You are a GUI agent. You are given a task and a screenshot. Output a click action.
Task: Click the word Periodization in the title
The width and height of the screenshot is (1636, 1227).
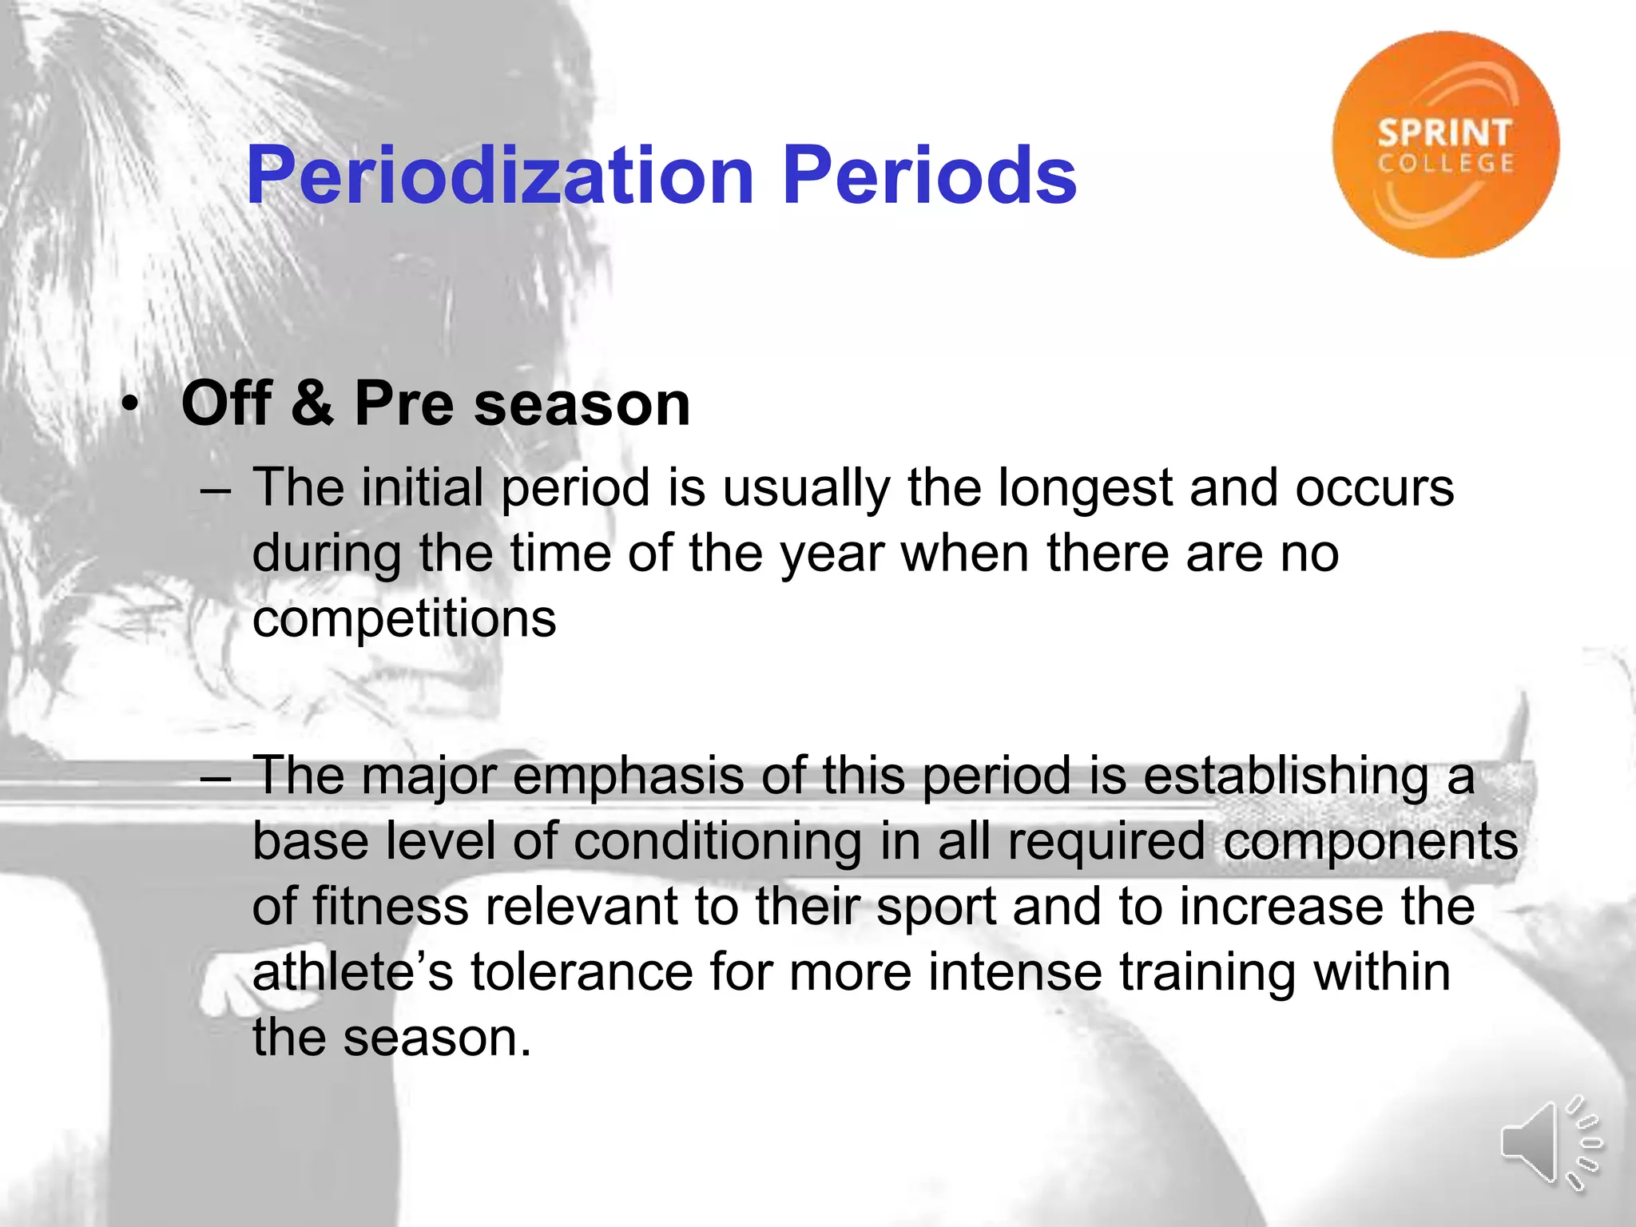(x=500, y=176)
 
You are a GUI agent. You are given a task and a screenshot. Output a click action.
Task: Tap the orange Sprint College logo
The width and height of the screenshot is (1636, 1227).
(x=1445, y=145)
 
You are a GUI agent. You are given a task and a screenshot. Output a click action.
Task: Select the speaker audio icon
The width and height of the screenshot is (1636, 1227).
(x=1550, y=1142)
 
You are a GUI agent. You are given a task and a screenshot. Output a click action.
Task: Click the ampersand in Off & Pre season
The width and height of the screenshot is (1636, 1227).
(x=312, y=403)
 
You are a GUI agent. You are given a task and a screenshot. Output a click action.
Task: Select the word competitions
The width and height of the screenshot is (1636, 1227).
(x=404, y=619)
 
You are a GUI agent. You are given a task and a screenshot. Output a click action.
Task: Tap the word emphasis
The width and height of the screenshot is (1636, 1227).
(x=628, y=777)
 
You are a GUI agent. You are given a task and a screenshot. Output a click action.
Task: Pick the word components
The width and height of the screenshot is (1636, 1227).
(x=1371, y=843)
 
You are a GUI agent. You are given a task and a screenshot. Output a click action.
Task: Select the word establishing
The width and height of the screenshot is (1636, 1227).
(x=1286, y=777)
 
